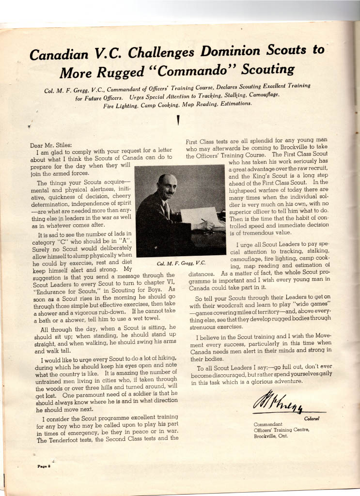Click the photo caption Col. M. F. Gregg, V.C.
click(182, 263)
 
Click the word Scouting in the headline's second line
click(266, 69)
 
